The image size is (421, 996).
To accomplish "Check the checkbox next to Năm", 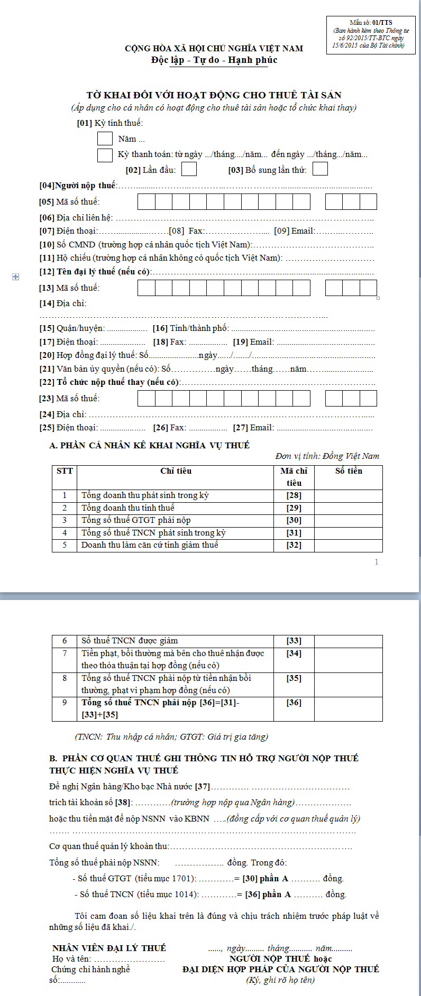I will click(x=105, y=139).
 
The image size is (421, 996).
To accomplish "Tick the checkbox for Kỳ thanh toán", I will click(x=105, y=155).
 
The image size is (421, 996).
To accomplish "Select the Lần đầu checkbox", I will click(x=189, y=169).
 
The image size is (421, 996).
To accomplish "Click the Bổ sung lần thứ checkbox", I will click(x=320, y=169).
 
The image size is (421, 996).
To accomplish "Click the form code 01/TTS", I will click(x=382, y=23).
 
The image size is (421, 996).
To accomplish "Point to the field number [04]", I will click(x=47, y=186).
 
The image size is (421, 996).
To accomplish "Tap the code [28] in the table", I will click(x=294, y=495).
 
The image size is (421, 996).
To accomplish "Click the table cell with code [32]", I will click(x=294, y=545).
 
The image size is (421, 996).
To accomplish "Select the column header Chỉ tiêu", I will click(x=176, y=471).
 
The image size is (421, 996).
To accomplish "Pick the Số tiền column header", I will click(x=349, y=471).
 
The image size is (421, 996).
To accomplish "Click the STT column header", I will click(x=65, y=471).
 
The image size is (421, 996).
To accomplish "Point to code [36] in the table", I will click(x=294, y=703).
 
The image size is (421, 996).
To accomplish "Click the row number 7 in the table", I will click(x=65, y=653).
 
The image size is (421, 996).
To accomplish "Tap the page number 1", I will click(x=377, y=562).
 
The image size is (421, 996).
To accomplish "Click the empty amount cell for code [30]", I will click(x=348, y=520).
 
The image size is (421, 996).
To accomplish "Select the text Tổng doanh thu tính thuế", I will click(x=127, y=508).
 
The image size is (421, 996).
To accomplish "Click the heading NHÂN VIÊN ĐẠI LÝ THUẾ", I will click(x=109, y=948).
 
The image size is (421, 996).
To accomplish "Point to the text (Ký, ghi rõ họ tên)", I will click(x=280, y=980).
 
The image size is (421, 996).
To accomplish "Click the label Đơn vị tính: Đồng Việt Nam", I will click(x=327, y=456).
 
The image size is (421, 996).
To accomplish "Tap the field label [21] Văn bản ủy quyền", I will click(x=82, y=369).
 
